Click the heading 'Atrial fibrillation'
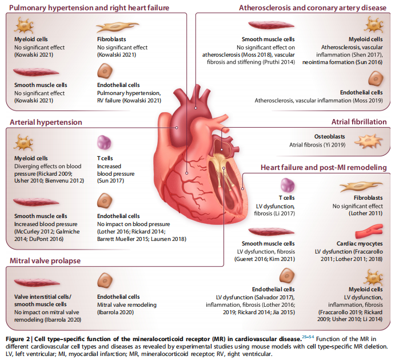(x=359, y=122)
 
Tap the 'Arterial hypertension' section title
(x=46, y=122)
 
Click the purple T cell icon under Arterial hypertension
(x=105, y=142)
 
